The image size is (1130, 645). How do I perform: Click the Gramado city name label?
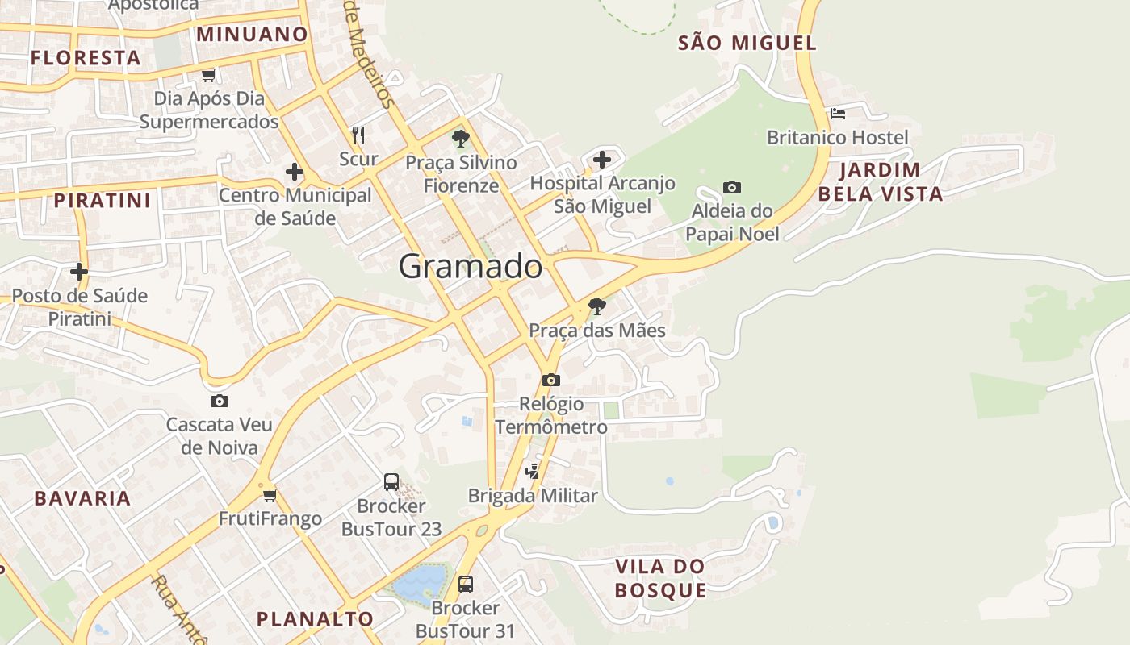click(x=470, y=266)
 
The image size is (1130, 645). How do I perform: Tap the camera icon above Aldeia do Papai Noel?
click(x=731, y=188)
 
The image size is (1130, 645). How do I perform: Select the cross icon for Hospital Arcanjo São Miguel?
click(x=601, y=160)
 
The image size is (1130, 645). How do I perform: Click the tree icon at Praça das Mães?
click(x=597, y=306)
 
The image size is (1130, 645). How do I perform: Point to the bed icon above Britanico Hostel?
click(x=838, y=114)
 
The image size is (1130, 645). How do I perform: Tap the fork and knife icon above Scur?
click(x=358, y=135)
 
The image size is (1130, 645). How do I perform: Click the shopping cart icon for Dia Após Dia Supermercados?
click(x=208, y=75)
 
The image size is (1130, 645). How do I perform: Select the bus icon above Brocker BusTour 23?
click(x=391, y=482)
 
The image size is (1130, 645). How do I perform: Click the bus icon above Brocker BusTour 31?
click(x=465, y=584)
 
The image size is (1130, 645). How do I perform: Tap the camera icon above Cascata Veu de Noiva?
click(x=219, y=401)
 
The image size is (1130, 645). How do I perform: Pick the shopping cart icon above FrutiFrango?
click(x=270, y=494)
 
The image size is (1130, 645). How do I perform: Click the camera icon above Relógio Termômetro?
click(x=550, y=380)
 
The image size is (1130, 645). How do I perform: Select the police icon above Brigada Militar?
click(x=532, y=471)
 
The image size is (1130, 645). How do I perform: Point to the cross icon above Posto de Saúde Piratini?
click(x=79, y=272)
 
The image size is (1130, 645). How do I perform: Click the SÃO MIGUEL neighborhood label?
click(x=747, y=43)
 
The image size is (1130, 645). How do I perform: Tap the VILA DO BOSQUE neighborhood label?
click(x=660, y=578)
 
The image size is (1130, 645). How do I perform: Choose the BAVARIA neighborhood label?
click(x=82, y=498)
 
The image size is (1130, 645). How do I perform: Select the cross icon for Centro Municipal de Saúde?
click(x=295, y=172)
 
